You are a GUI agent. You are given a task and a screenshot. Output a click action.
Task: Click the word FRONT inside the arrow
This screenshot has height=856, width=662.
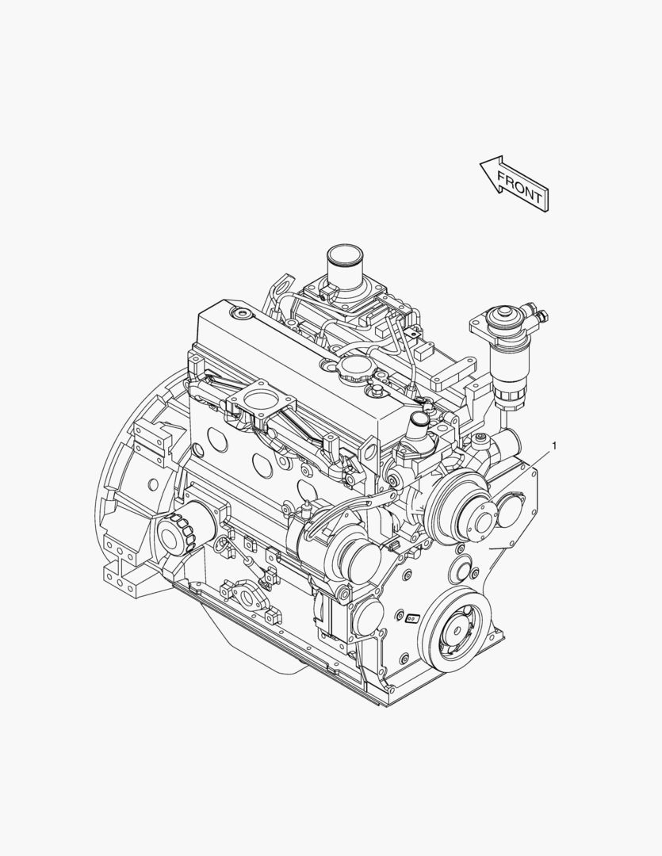[x=520, y=186]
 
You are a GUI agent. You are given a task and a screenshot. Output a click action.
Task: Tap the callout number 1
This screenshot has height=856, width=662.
[x=554, y=446]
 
